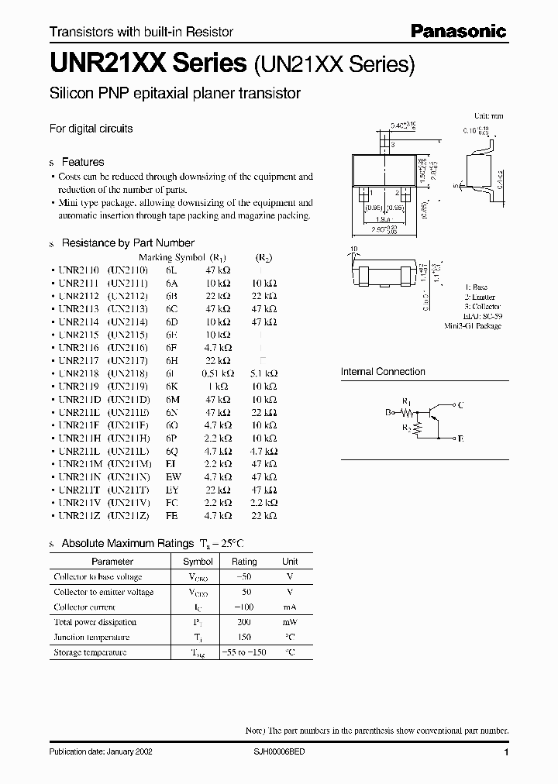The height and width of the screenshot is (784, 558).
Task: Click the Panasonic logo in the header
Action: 458,32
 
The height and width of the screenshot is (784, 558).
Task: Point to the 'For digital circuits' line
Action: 91,129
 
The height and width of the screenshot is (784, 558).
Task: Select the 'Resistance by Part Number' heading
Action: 127,242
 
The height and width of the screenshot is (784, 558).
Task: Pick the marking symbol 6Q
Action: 171,450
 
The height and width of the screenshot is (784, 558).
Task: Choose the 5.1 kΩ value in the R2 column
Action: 264,373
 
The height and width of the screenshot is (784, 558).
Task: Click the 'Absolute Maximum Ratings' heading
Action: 127,543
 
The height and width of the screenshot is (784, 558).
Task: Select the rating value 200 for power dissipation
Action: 245,622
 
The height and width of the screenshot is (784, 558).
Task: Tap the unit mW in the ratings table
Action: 289,622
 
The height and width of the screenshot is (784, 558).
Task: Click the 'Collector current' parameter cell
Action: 84,607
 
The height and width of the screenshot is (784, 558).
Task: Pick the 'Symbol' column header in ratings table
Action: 198,561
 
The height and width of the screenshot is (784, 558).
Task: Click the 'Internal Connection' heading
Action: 383,372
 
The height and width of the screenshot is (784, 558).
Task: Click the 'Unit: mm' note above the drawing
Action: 488,115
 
